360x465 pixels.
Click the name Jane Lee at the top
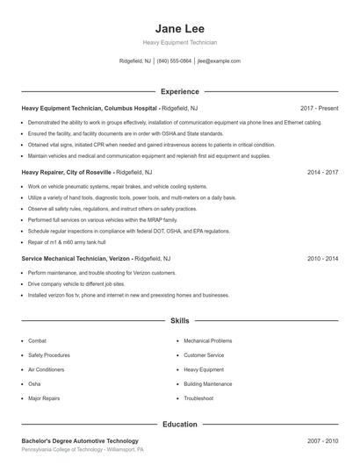point(179,27)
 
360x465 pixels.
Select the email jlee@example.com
point(219,61)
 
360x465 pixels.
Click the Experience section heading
point(179,91)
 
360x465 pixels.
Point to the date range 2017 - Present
point(319,107)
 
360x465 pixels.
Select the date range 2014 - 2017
point(322,173)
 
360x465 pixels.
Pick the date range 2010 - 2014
point(322,259)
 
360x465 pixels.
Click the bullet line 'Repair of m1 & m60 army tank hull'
point(66,241)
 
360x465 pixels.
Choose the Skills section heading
point(179,321)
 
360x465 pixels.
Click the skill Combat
point(37,340)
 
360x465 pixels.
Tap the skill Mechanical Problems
point(207,340)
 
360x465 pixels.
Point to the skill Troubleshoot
point(198,398)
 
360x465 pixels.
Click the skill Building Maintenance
point(207,383)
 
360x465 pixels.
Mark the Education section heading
point(179,424)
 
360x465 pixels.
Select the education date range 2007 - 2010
point(322,440)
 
